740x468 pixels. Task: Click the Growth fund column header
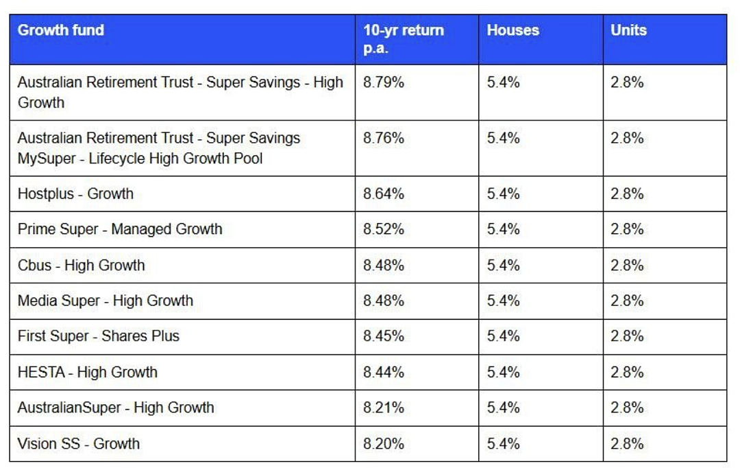coord(61,30)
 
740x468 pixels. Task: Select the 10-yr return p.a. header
coord(404,38)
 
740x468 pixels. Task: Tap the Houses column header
coord(513,30)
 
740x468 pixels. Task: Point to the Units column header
coord(628,30)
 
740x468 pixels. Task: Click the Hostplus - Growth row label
coord(75,194)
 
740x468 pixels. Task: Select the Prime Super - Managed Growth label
coord(120,229)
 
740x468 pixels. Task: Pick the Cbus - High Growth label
coord(81,265)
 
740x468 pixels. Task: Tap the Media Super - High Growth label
coord(106,301)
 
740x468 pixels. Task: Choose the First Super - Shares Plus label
coord(99,336)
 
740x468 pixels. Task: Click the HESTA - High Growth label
coord(87,372)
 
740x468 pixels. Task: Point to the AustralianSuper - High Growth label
coord(116,408)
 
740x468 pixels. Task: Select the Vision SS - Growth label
coord(79,444)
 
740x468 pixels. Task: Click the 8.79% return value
coord(384,82)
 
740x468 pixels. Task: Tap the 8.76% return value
coord(384,138)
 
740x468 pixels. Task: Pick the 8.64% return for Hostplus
coord(384,194)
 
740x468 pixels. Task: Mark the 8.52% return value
coord(384,229)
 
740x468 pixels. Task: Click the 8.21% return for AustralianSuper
coord(384,408)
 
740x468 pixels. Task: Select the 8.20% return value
coord(384,444)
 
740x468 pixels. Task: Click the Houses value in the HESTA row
coord(503,372)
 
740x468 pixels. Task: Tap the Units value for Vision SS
coord(627,444)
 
